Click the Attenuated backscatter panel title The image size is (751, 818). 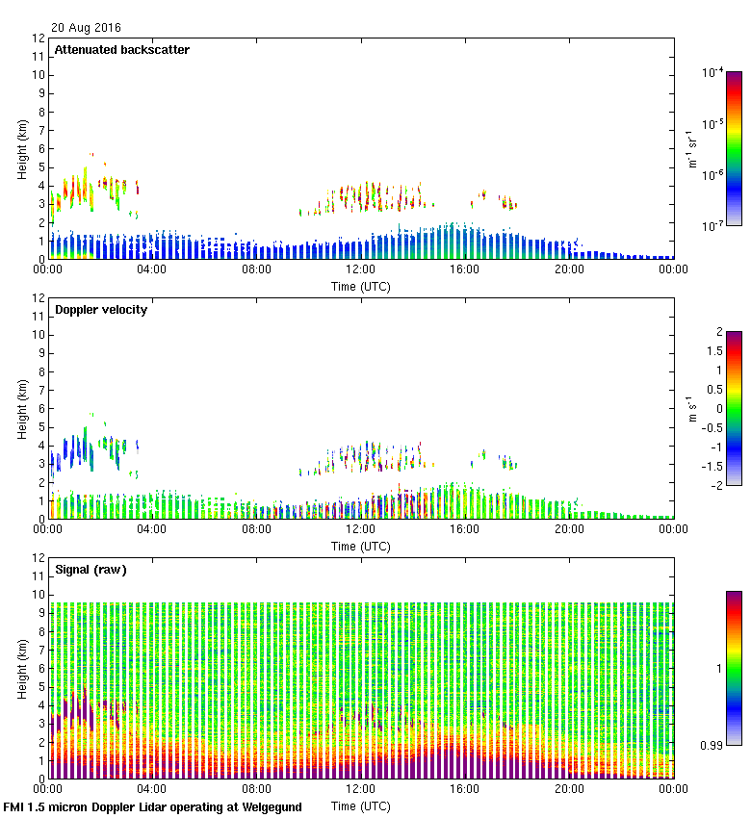(x=121, y=50)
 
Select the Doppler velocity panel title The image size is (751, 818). (x=101, y=310)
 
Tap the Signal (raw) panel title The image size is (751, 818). (x=91, y=570)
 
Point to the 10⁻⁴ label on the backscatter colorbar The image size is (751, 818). (x=713, y=72)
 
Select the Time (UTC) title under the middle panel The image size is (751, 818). (x=361, y=546)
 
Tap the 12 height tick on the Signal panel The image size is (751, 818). (x=39, y=557)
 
